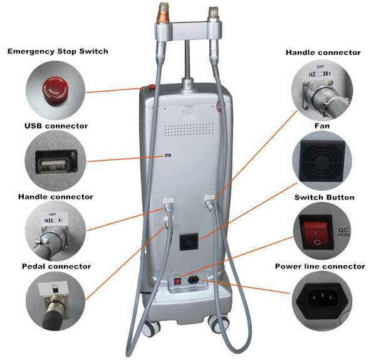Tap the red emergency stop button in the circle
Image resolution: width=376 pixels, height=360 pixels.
pyautogui.click(x=54, y=88)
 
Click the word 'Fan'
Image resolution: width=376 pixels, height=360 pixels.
pyautogui.click(x=322, y=126)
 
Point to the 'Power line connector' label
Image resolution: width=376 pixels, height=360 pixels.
pyautogui.click(x=320, y=267)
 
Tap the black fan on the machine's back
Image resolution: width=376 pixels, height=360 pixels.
pyautogui.click(x=187, y=242)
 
